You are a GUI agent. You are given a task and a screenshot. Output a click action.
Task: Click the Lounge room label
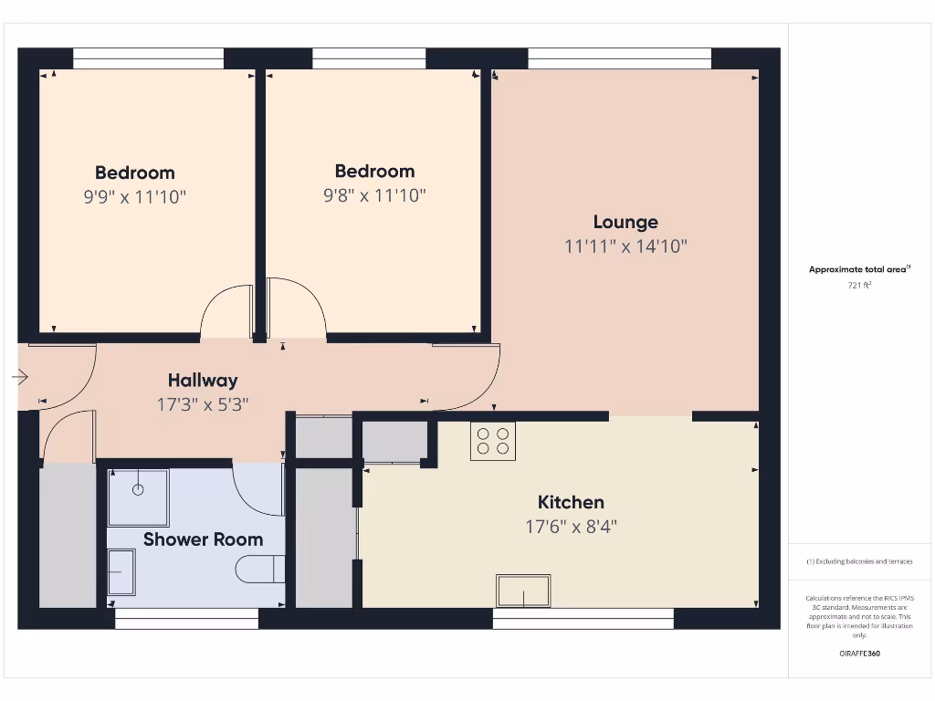click(625, 222)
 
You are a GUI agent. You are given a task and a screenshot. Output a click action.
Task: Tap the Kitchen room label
click(571, 502)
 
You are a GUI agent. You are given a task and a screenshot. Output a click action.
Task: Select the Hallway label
click(203, 381)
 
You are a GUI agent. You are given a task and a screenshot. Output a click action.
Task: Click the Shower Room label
click(203, 539)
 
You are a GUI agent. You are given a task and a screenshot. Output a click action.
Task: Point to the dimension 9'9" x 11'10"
click(135, 196)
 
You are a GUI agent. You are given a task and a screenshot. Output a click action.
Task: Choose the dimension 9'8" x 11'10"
click(374, 195)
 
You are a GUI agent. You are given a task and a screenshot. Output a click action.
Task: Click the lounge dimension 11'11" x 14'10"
click(625, 246)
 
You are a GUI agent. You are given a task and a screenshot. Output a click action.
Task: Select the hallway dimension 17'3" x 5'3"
click(203, 404)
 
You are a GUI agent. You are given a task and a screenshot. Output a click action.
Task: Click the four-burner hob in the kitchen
click(493, 441)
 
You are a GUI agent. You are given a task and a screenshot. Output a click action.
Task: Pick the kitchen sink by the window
click(523, 591)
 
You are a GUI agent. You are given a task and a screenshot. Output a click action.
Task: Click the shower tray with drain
click(138, 497)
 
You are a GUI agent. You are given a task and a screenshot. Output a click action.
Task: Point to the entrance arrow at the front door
click(20, 376)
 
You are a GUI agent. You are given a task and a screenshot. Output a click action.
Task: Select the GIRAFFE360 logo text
click(859, 654)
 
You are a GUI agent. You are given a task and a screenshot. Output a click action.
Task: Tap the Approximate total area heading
click(858, 269)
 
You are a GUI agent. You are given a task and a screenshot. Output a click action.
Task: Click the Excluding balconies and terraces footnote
click(859, 561)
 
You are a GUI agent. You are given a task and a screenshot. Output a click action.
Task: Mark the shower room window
click(186, 620)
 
